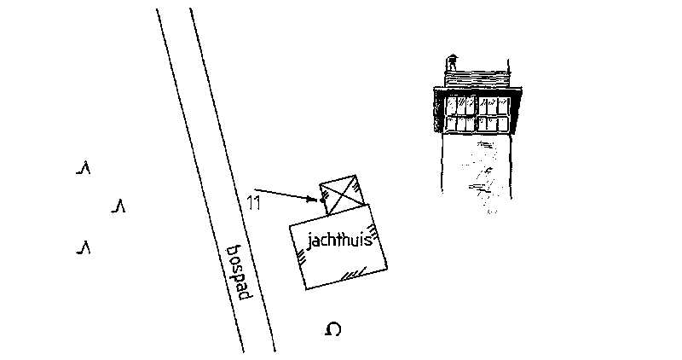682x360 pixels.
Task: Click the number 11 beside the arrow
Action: [x=253, y=203]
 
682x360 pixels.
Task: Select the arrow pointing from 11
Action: [x=286, y=195]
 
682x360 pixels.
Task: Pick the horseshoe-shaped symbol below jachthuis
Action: [x=333, y=329]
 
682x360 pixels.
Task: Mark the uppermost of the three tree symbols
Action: [x=84, y=168]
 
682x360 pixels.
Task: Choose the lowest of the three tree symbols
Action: [x=84, y=248]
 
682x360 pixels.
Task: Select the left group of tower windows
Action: [x=461, y=114]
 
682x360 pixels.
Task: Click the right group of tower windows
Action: [x=494, y=114]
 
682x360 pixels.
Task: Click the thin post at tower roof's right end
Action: [x=510, y=68]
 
